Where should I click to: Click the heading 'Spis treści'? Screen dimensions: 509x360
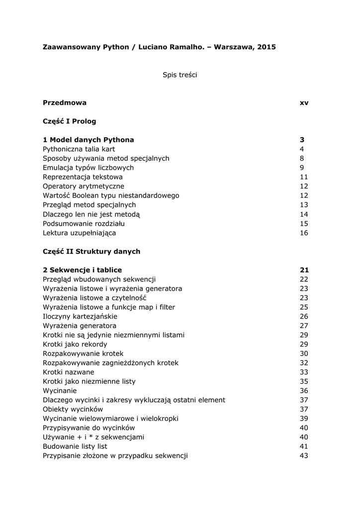[x=180, y=75]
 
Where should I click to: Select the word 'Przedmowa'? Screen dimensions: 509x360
[x=65, y=103]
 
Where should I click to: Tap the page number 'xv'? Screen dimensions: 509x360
[x=304, y=103]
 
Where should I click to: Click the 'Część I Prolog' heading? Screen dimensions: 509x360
[x=70, y=121]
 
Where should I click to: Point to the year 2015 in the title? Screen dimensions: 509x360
[x=267, y=47]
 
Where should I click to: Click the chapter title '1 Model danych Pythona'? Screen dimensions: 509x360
[x=88, y=140]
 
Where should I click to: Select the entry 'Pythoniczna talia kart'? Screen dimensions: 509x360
[x=79, y=149]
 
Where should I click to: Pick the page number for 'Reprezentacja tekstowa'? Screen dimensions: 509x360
[x=304, y=177]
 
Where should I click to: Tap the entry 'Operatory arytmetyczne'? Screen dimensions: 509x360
[x=84, y=186]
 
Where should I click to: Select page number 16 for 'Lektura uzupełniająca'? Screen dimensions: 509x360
[x=304, y=233]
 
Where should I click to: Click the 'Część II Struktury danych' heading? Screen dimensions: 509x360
[x=91, y=252]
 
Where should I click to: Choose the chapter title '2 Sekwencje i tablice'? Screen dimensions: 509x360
[x=82, y=270]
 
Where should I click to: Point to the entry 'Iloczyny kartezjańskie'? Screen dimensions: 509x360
[x=80, y=316]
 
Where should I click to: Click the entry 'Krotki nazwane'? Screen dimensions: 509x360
[x=68, y=372]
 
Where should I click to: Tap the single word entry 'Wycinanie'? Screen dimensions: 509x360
[x=60, y=391]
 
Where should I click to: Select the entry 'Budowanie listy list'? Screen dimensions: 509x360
[x=75, y=446]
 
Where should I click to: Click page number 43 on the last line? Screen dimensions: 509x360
[x=304, y=456]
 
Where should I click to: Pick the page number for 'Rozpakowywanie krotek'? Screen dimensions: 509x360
[x=304, y=353]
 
